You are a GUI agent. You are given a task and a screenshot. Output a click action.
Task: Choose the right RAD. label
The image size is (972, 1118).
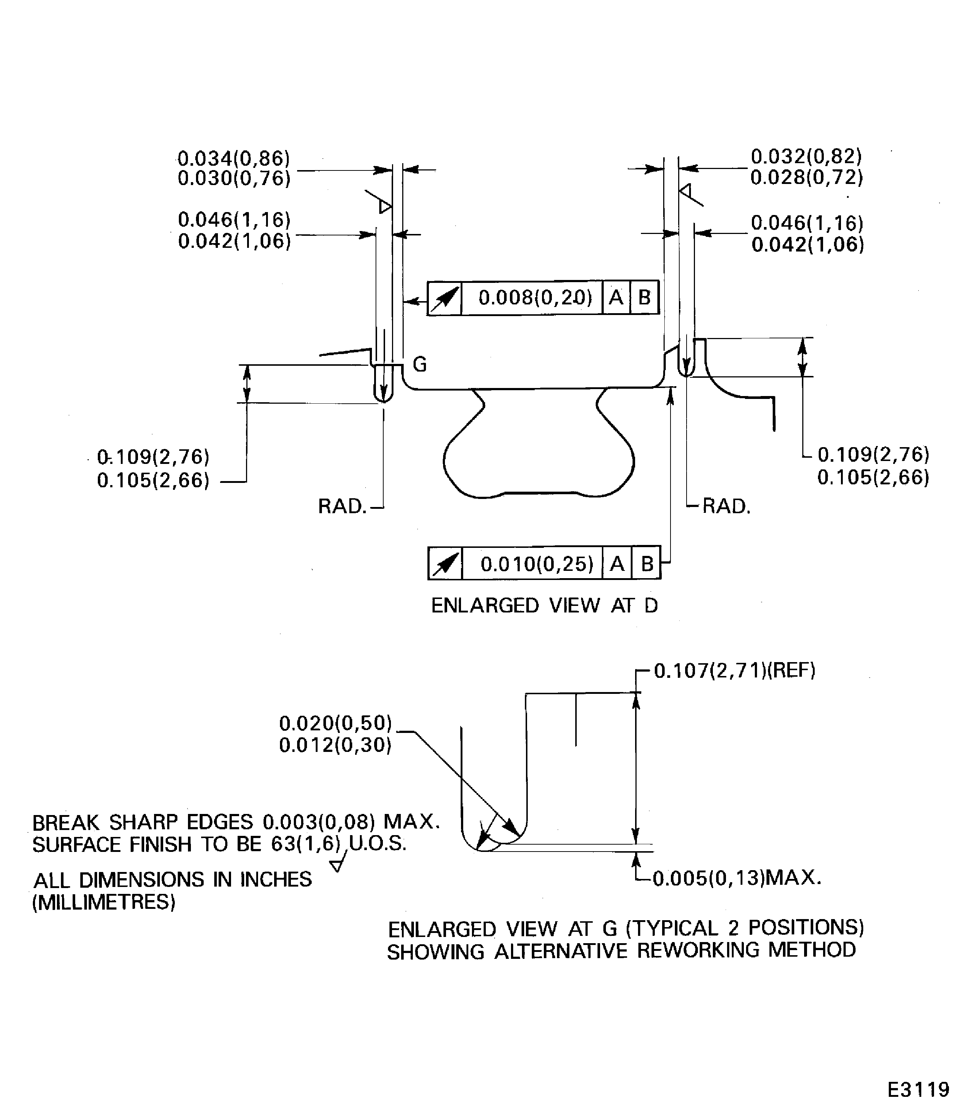coord(726,507)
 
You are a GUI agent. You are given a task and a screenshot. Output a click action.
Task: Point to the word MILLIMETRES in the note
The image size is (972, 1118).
coord(104,902)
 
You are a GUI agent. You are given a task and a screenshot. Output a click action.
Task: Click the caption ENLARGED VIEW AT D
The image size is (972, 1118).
coord(544,606)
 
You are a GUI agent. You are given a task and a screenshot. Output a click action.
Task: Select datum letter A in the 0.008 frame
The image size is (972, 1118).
coord(616,297)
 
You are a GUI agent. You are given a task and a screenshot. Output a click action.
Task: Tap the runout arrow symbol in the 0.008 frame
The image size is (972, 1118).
coord(445,298)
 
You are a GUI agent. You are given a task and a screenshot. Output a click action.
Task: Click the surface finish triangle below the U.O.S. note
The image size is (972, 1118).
coord(337,865)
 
